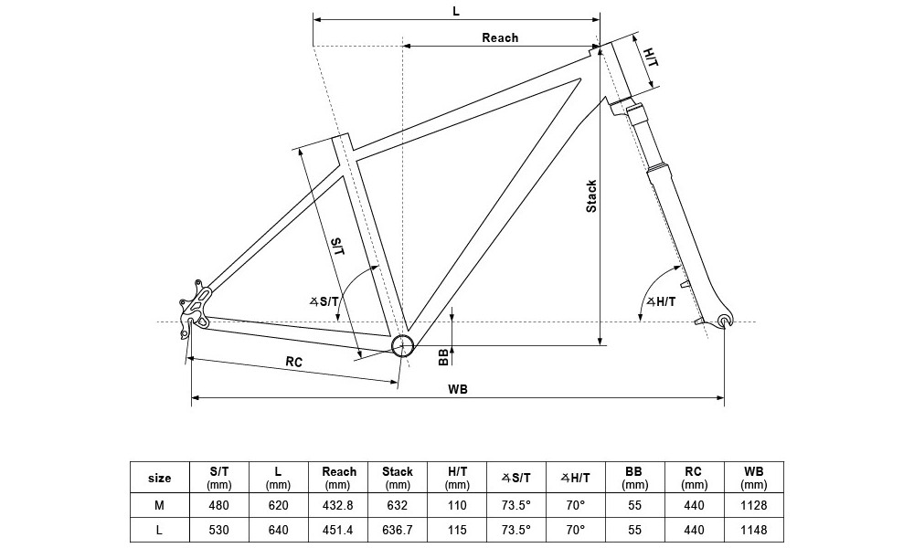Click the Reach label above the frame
point(500,37)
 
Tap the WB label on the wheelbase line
point(458,389)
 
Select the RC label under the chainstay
point(293,362)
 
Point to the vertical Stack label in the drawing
point(591,195)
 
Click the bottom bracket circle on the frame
point(402,345)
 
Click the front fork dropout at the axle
point(726,320)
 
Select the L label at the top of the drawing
point(456,11)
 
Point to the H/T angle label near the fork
point(660,302)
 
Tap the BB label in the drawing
point(443,356)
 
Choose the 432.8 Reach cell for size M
point(339,505)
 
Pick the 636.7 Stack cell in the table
point(399,530)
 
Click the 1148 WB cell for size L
point(755,530)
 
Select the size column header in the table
point(160,478)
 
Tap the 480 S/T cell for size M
point(218,505)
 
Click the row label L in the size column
point(160,530)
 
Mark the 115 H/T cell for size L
point(458,530)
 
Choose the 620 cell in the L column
point(278,505)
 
